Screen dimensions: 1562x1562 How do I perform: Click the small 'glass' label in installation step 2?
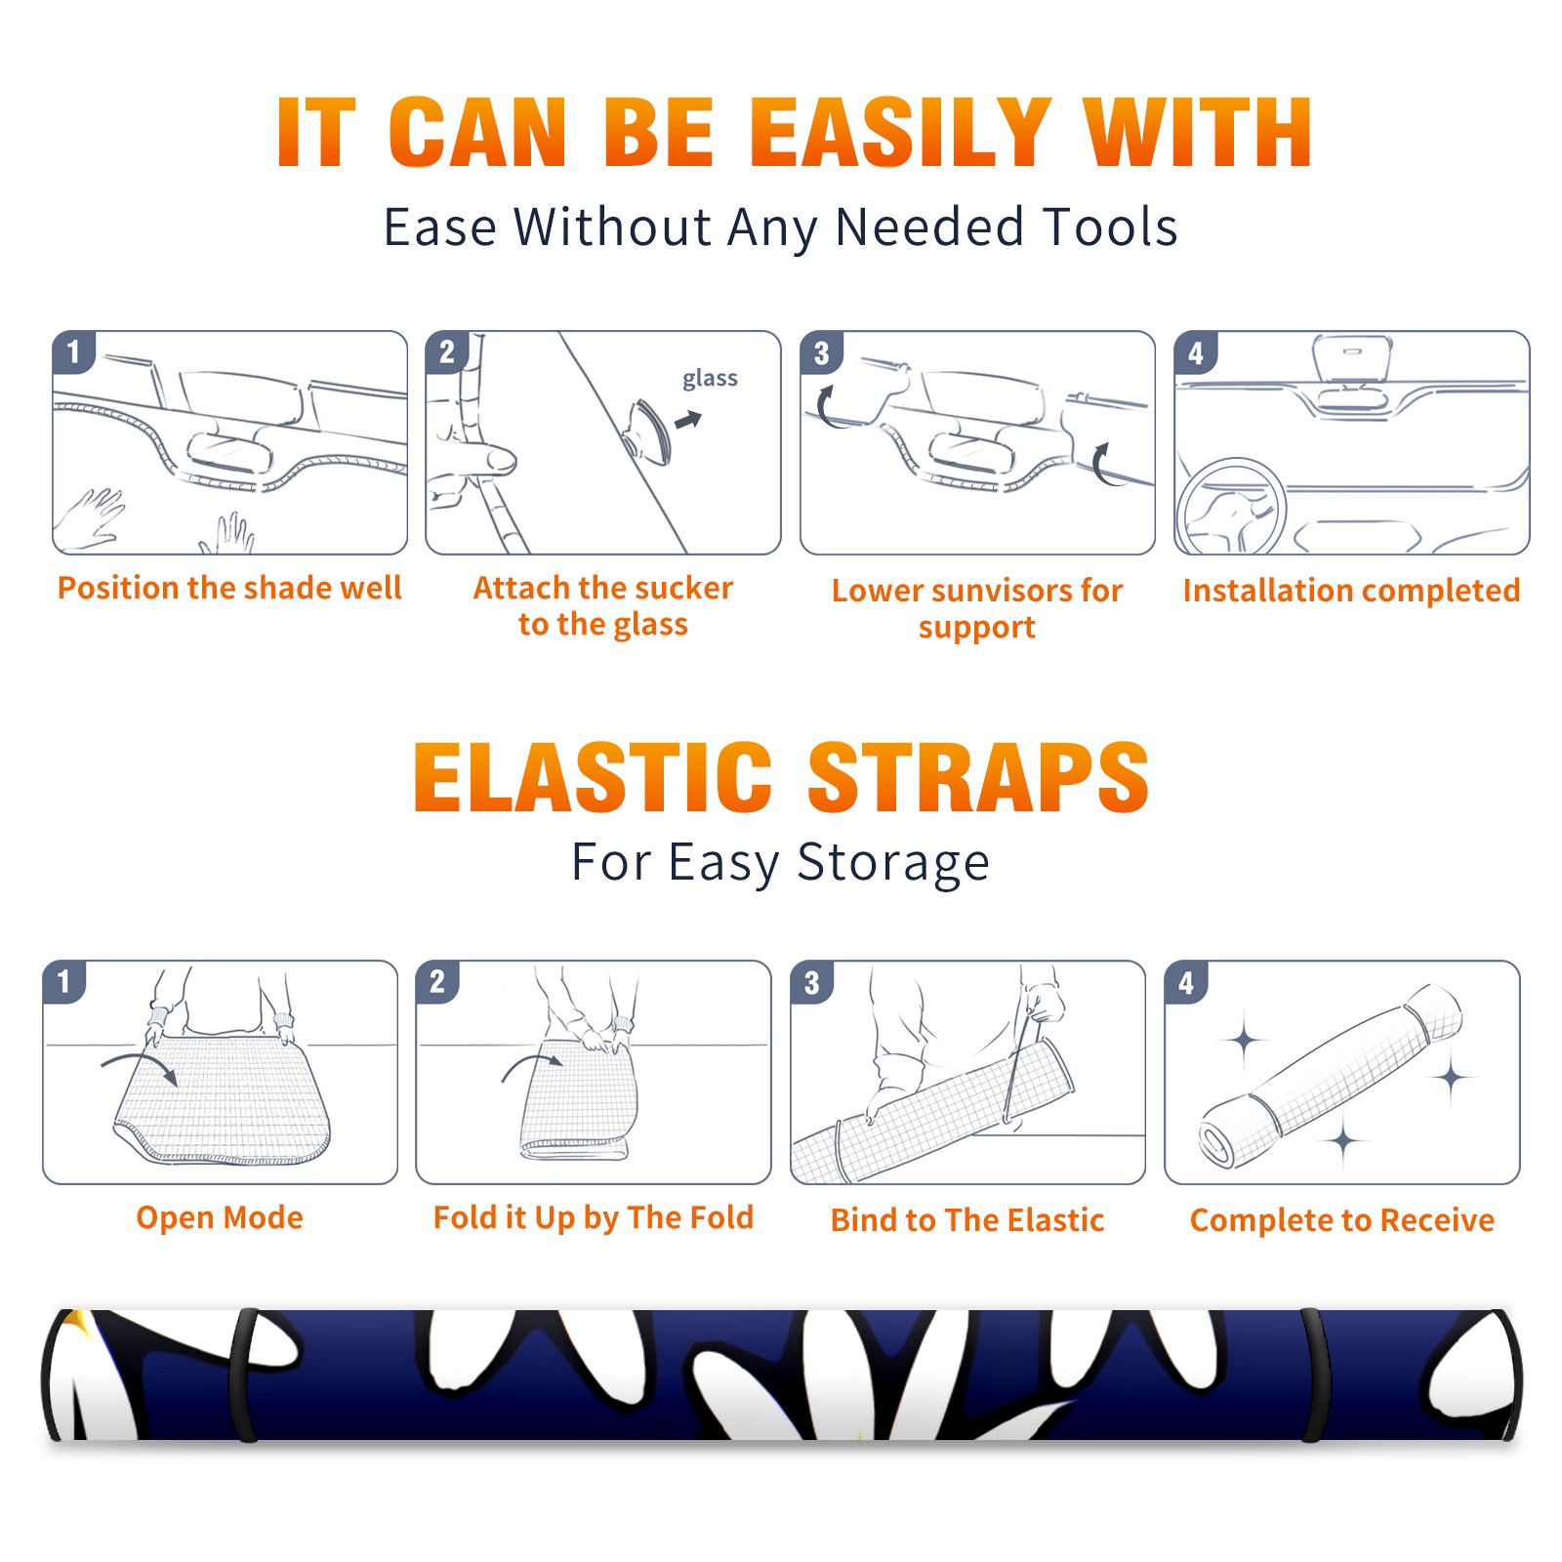710,379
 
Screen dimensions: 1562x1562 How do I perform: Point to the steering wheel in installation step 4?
1231,507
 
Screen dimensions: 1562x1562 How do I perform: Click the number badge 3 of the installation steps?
821,352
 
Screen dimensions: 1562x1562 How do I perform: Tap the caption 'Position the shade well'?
229,588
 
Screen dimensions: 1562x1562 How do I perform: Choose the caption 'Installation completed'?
1351,591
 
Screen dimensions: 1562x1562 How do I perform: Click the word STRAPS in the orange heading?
978,777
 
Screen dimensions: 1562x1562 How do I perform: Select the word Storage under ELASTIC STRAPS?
893,863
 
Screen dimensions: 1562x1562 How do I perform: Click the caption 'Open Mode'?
220,1217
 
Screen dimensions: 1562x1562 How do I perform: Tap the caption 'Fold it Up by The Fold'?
594,1217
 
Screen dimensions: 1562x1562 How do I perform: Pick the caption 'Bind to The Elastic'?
967,1220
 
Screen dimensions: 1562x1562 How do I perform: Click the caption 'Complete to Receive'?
1342,1220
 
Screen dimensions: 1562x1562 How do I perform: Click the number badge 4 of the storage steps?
1186,982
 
